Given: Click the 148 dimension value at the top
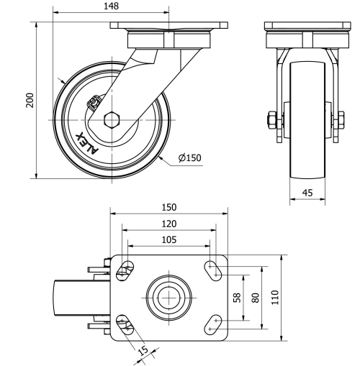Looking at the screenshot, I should (x=111, y=6).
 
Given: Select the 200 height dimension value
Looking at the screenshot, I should (x=30, y=99).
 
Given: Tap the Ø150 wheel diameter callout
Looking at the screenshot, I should (x=189, y=158).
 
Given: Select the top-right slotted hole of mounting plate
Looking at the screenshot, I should (x=215, y=269).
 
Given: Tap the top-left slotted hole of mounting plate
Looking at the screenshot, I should (x=124, y=269).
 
